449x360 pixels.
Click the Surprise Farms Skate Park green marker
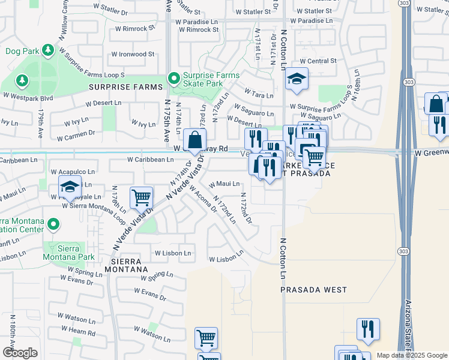coord(174,79)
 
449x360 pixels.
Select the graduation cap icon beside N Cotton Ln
coord(296,80)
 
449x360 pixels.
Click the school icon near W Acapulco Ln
coord(70,188)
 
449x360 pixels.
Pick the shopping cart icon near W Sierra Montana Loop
coord(142,198)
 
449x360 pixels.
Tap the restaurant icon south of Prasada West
coord(367,331)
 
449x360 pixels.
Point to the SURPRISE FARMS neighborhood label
coord(126,87)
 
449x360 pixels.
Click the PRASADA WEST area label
coord(314,290)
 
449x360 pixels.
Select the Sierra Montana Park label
coord(69,253)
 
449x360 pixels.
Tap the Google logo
coord(20,353)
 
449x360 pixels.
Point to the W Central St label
coord(318,61)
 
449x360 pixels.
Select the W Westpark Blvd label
coord(28,96)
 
